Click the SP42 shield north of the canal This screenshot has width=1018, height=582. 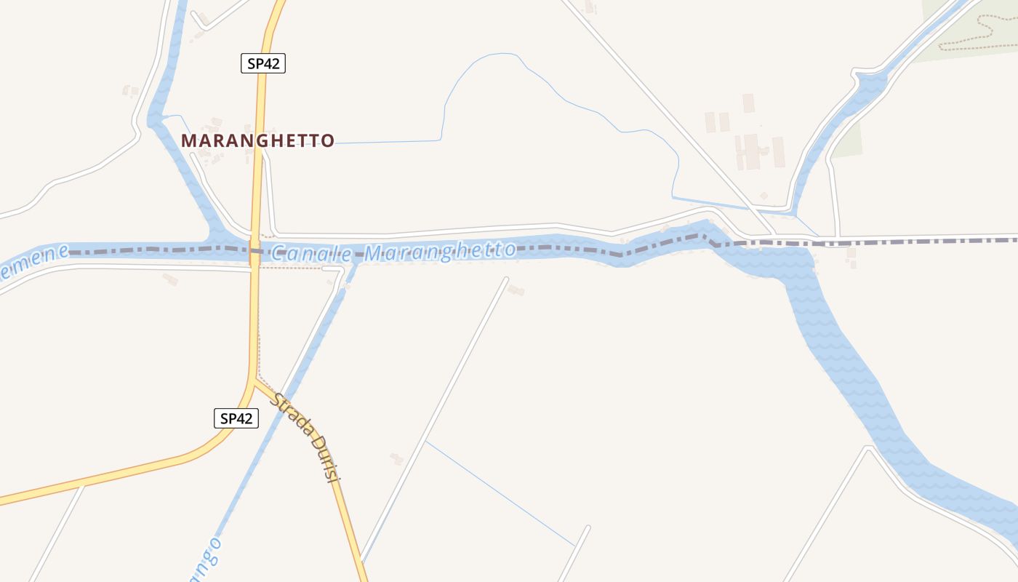(x=262, y=63)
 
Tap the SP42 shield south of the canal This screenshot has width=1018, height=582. (x=236, y=418)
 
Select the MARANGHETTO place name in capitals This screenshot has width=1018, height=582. (x=257, y=140)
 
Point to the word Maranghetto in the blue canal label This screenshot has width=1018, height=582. (x=440, y=252)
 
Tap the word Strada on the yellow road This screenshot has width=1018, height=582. (x=294, y=415)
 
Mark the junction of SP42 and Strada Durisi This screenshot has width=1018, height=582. (x=254, y=380)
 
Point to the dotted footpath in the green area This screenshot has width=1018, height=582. (x=974, y=36)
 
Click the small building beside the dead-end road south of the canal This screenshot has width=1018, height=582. (x=516, y=290)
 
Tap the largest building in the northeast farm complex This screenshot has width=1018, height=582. (x=751, y=151)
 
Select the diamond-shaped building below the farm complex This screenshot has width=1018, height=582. (x=763, y=196)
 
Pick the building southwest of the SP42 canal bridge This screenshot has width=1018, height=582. (x=170, y=279)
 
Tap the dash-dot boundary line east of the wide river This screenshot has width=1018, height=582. (x=931, y=241)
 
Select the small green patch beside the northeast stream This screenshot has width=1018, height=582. (x=847, y=142)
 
